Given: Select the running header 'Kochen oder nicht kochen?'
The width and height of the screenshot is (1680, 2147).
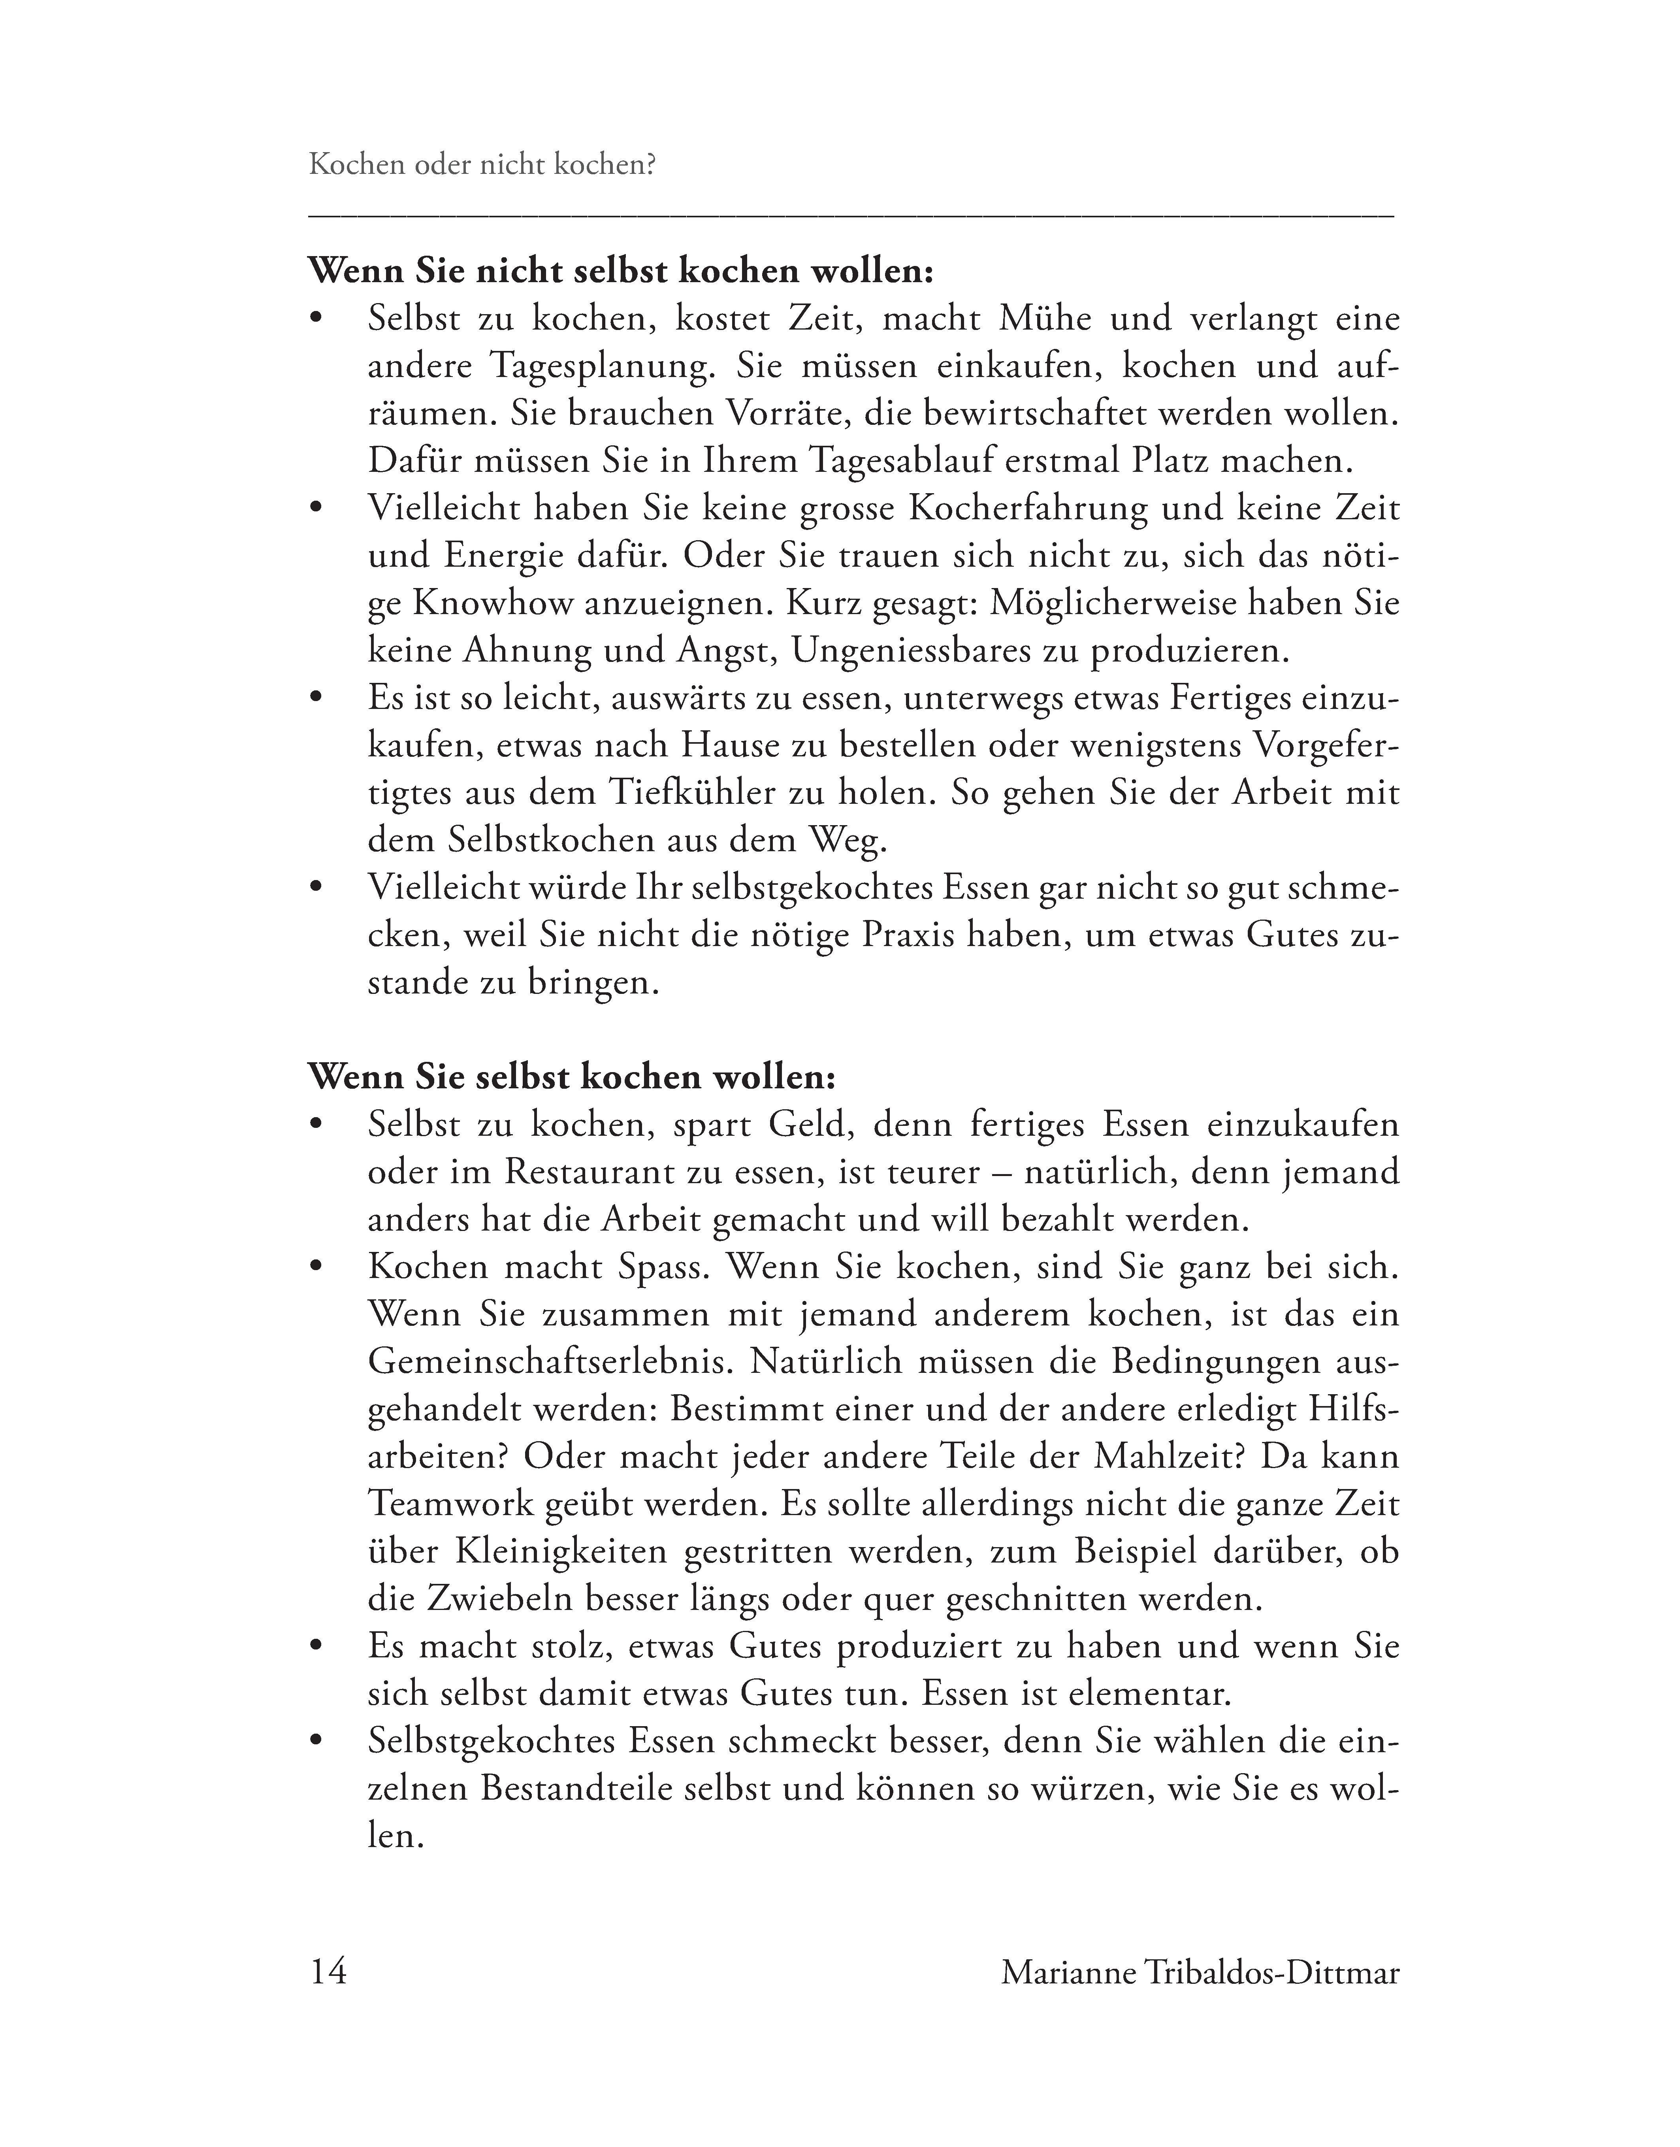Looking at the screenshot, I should click(482, 164).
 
